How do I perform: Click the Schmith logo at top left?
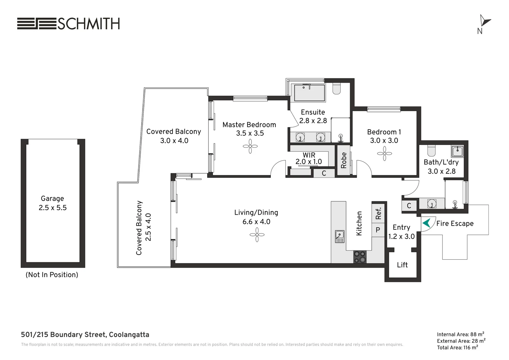click(x=68, y=24)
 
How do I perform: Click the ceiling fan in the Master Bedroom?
click(x=250, y=146)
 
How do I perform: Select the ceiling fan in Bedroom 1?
click(x=384, y=154)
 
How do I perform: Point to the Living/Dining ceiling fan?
click(x=257, y=235)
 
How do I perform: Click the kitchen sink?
click(x=339, y=236)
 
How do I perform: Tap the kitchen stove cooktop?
click(x=360, y=257)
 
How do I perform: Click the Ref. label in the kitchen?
click(x=378, y=214)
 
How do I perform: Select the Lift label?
click(x=402, y=265)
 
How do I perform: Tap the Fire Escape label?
click(x=455, y=224)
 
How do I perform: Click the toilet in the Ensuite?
click(x=336, y=88)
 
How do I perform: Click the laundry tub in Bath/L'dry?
click(x=457, y=151)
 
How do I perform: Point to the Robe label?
click(x=344, y=160)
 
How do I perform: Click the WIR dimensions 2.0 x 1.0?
click(x=308, y=162)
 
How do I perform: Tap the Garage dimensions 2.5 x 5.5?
click(x=53, y=208)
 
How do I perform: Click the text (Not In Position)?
click(x=52, y=275)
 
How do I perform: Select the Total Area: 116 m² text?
click(x=457, y=348)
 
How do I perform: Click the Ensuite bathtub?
click(x=309, y=93)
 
